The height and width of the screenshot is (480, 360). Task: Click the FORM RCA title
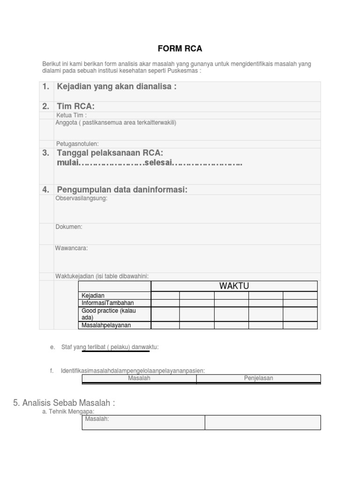tap(180, 49)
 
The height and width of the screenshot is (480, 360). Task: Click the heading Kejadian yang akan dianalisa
tap(116, 87)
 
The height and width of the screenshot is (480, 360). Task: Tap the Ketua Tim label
tap(71, 115)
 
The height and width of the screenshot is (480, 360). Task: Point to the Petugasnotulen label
tap(77, 143)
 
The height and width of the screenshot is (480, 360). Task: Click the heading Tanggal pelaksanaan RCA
tap(110, 153)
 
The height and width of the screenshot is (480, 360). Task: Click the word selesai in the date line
tap(158, 163)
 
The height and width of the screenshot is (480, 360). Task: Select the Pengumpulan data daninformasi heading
tap(122, 189)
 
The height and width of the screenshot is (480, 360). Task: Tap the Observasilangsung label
tap(82, 198)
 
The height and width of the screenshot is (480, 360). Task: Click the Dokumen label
tap(69, 227)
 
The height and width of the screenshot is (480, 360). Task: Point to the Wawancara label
tap(72, 248)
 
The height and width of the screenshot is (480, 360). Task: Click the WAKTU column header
tap(234, 286)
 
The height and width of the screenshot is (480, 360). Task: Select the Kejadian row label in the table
tap(93, 295)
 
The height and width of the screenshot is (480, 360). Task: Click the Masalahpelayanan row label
tap(106, 325)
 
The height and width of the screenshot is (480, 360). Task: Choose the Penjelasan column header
tap(258, 378)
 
